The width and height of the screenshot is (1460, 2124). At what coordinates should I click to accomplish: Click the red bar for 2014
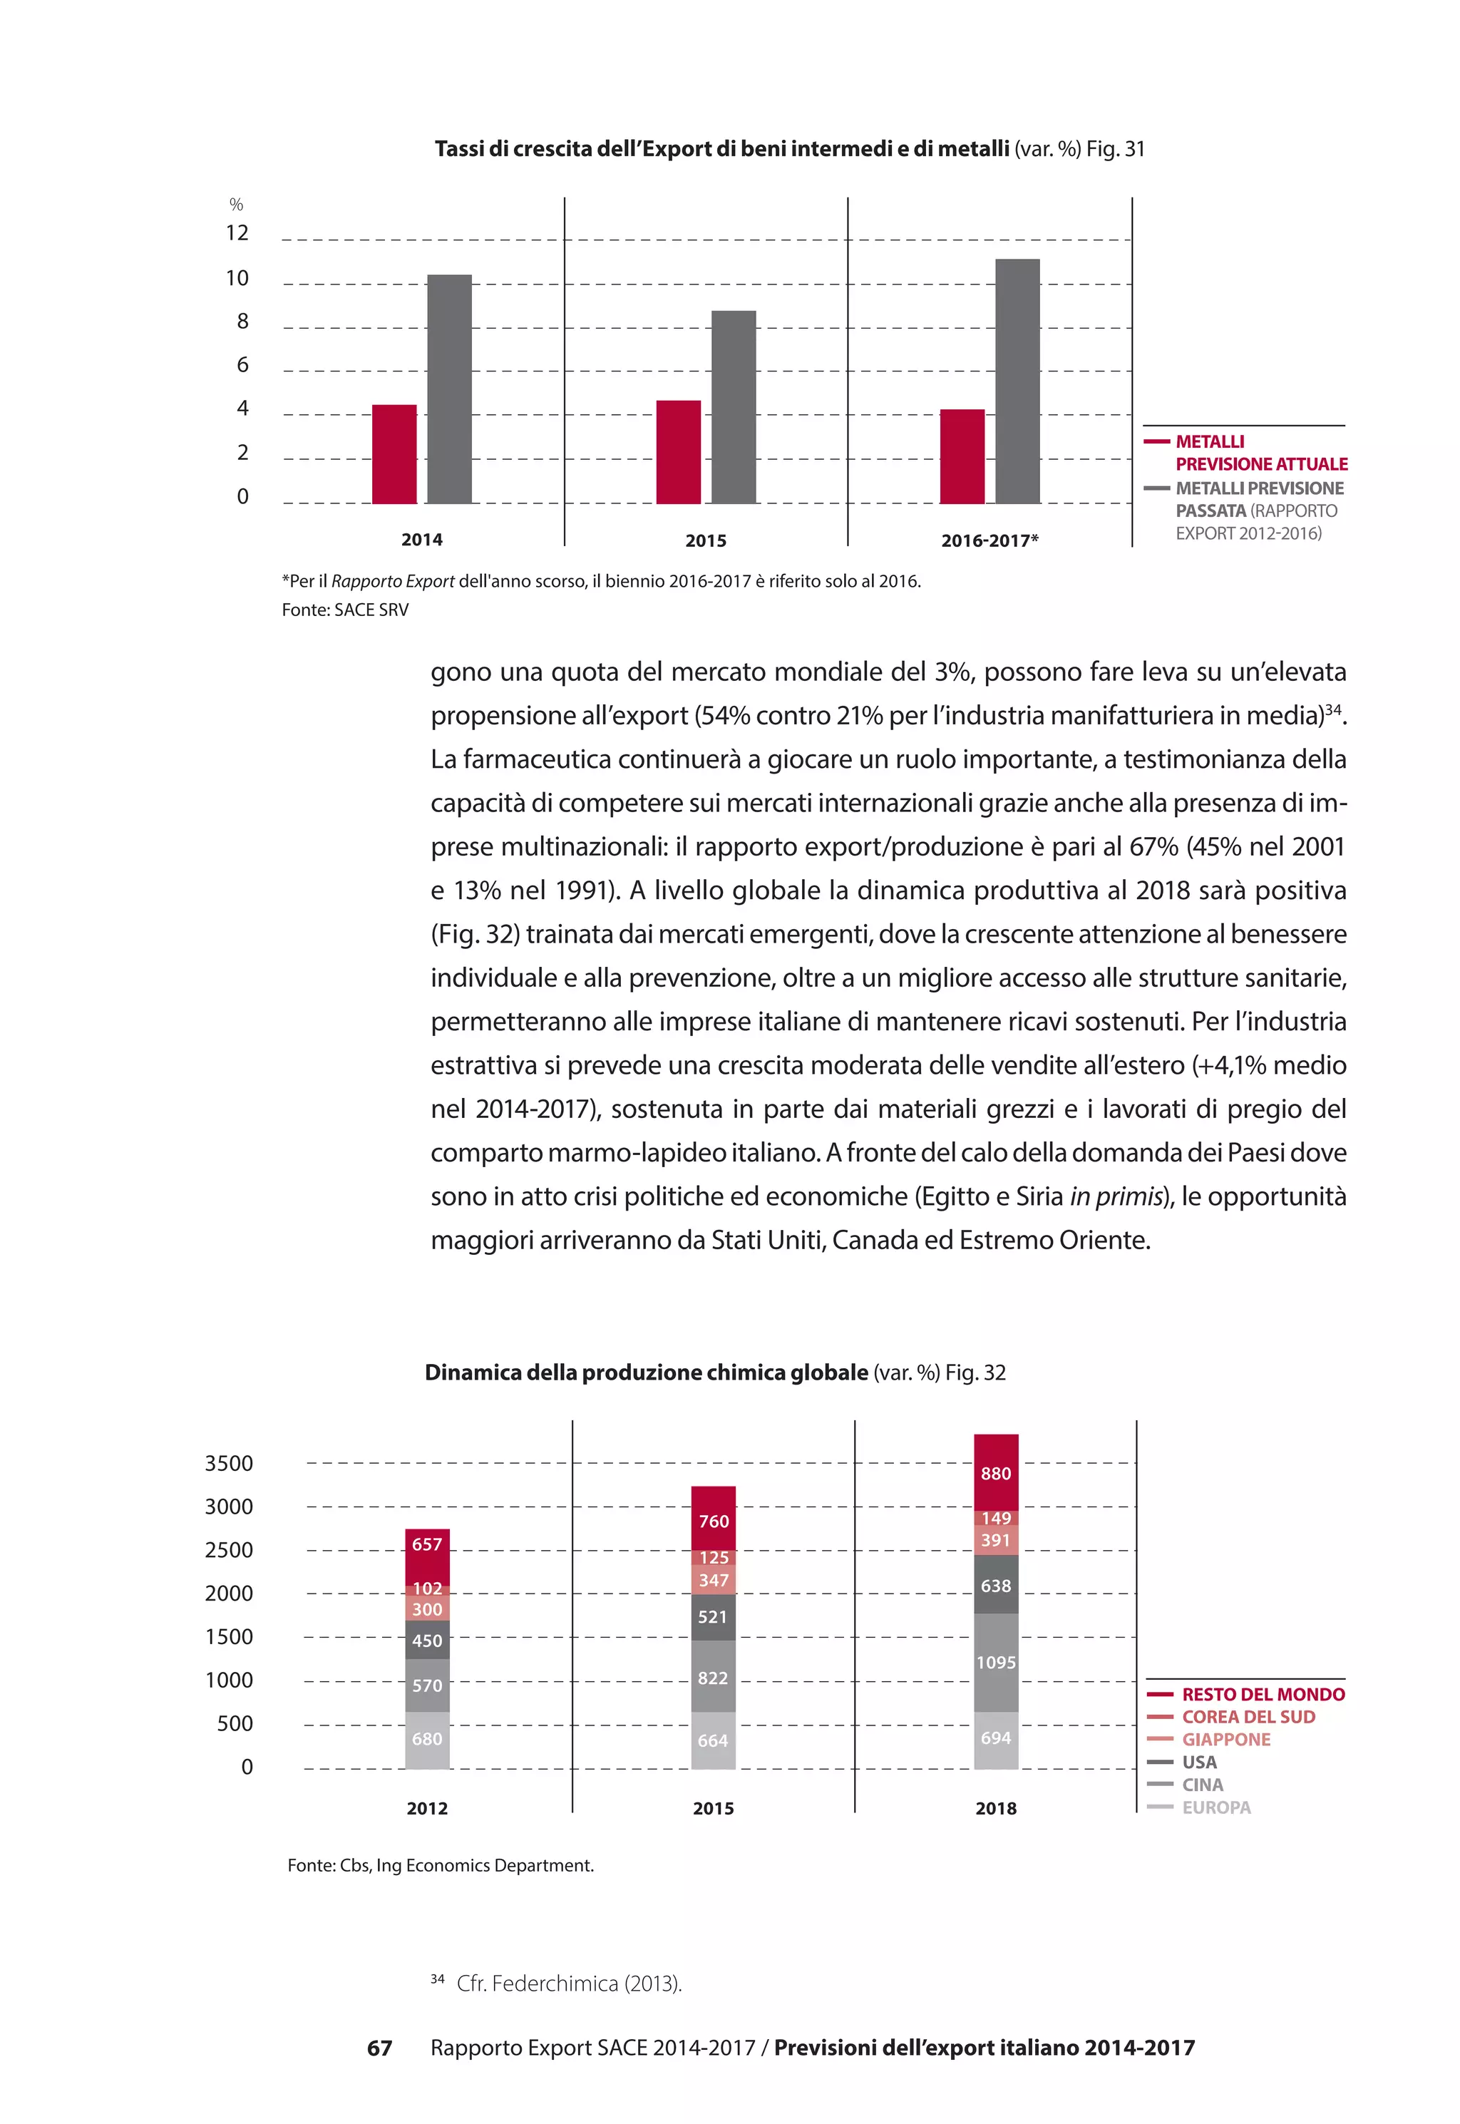coord(394,455)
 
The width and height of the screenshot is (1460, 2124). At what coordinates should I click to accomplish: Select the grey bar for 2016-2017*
coord(1017,381)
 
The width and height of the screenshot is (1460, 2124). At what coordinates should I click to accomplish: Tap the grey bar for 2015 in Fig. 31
coord(734,407)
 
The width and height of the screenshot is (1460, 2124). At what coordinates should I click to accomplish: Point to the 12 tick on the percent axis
coord(237,233)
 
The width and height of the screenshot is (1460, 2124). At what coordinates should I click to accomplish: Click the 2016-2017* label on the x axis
coord(989,540)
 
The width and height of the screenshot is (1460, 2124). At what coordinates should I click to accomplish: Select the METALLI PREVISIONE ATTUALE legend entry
coord(1260,453)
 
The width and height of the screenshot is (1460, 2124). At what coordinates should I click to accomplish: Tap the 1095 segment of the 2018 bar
coord(996,1662)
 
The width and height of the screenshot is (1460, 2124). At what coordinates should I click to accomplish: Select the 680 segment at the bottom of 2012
coord(427,1739)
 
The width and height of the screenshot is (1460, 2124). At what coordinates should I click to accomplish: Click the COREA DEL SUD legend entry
coord(1248,1717)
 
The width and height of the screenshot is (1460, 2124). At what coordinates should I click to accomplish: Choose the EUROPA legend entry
coord(1215,1807)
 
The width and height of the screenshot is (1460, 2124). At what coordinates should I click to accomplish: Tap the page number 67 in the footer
coord(380,2048)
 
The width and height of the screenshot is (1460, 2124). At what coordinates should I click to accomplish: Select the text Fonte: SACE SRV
coord(345,610)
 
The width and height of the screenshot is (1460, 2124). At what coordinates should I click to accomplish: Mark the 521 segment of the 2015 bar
coord(713,1616)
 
